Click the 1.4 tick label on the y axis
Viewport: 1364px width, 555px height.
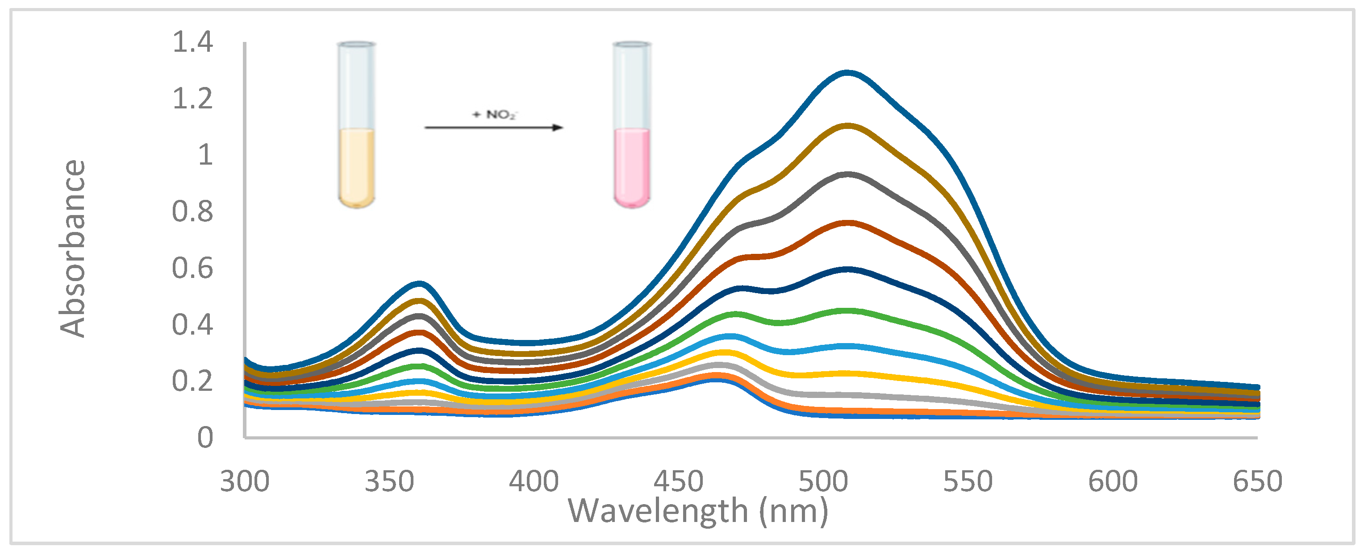click(192, 42)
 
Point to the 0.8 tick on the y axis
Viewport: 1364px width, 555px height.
click(192, 211)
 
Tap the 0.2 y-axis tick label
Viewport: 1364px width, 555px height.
click(192, 381)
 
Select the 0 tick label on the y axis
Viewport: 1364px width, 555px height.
click(205, 438)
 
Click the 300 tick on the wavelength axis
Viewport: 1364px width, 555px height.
click(245, 481)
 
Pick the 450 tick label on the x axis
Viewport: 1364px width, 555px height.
click(678, 481)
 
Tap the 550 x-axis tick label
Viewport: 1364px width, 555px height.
click(968, 481)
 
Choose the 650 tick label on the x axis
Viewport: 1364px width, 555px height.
click(1257, 481)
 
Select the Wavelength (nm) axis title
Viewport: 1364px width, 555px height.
click(698, 511)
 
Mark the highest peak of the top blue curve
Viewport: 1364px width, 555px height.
click(848, 73)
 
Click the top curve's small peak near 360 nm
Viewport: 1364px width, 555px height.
click(419, 284)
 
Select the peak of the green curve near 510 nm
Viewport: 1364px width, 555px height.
click(848, 311)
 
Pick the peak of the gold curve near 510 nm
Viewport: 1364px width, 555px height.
click(848, 126)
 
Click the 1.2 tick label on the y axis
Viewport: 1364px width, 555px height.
click(192, 99)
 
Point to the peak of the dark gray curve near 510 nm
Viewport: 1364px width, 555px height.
click(848, 174)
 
